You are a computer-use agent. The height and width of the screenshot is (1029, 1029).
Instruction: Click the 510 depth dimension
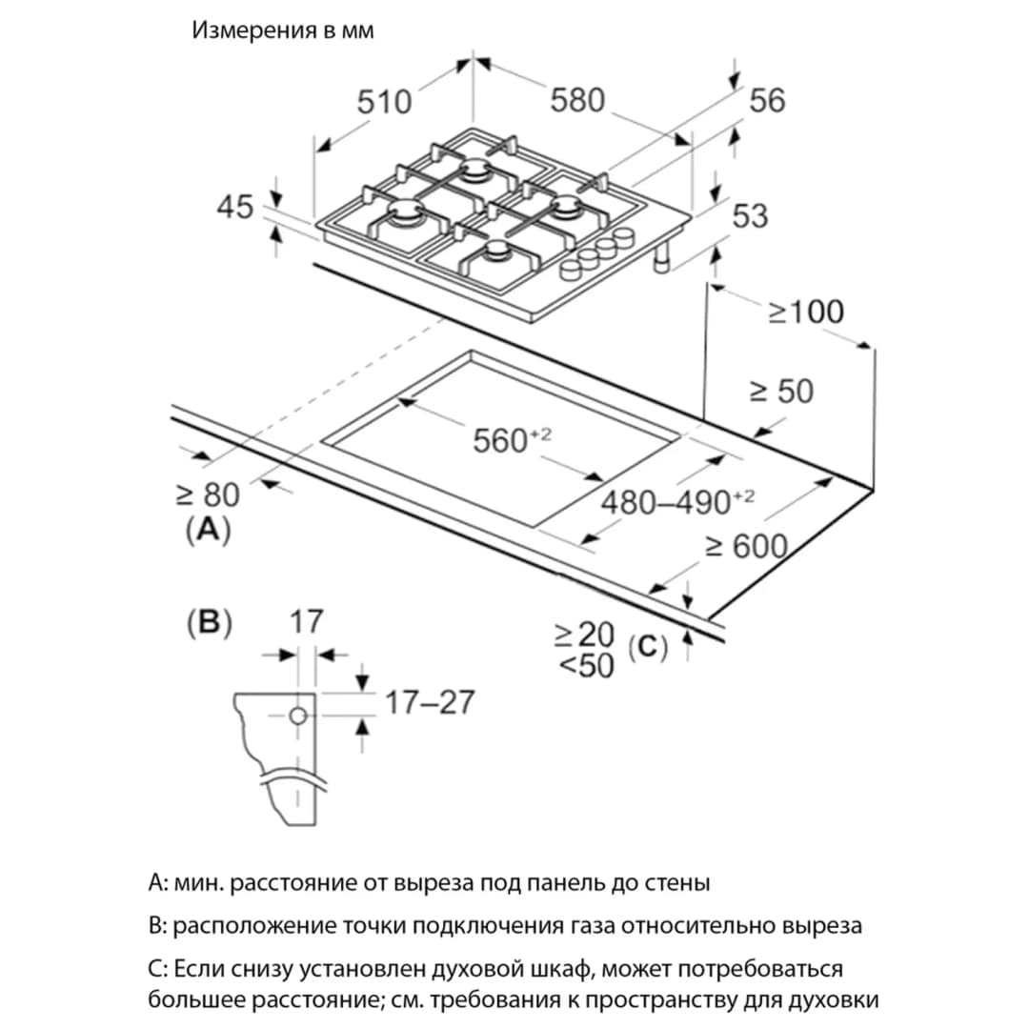[384, 102]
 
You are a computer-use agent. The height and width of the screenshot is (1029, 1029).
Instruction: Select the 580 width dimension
[577, 100]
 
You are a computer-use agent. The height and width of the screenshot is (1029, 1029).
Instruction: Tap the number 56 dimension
[767, 100]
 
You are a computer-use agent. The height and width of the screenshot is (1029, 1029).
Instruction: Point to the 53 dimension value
[750, 215]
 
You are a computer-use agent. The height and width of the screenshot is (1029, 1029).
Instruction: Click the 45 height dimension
[235, 207]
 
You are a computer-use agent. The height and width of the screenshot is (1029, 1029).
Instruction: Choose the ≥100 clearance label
[806, 312]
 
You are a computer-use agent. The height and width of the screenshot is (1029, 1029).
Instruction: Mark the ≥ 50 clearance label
[781, 392]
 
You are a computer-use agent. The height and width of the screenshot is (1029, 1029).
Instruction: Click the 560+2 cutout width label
[512, 439]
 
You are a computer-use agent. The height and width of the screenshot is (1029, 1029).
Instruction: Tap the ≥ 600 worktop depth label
[746, 546]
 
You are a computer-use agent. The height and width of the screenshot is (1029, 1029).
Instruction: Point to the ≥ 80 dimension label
[208, 494]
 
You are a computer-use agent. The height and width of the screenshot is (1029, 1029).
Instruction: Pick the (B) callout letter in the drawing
[210, 622]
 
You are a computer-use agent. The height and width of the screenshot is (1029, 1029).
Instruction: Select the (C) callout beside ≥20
[648, 648]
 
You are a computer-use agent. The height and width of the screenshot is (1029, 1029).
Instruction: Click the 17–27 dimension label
[429, 702]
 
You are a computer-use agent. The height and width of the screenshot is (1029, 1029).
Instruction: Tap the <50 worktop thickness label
[586, 665]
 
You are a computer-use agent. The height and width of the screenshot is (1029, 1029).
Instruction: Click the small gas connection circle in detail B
[298, 716]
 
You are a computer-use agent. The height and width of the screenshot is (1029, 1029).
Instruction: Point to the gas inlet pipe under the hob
[663, 257]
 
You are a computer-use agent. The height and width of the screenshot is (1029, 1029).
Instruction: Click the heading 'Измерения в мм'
[283, 30]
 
